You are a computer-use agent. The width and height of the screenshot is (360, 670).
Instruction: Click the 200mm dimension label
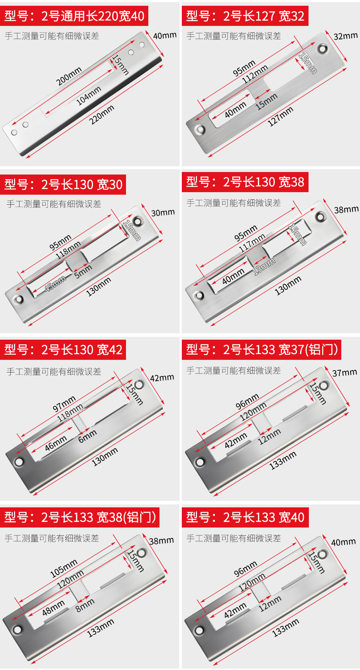(x=69, y=76)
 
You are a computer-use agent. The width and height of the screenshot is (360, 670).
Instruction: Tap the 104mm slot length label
(x=89, y=96)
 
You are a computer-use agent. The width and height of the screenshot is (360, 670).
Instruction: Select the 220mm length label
(x=102, y=114)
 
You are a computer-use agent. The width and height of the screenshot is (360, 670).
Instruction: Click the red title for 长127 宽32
(x=245, y=16)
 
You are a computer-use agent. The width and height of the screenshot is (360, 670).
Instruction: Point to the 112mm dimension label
(x=255, y=74)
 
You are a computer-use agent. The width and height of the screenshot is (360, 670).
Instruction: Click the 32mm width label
(x=345, y=36)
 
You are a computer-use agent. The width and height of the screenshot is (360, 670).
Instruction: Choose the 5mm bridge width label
(x=83, y=271)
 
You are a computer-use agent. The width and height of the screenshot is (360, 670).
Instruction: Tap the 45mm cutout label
(x=55, y=284)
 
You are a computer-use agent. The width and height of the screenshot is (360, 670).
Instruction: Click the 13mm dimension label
(x=264, y=266)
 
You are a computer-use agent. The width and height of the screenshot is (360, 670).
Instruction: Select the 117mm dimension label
(x=252, y=243)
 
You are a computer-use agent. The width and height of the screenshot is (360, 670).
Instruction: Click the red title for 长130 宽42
(x=63, y=350)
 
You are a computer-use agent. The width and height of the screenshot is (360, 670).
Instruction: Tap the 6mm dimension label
(x=87, y=436)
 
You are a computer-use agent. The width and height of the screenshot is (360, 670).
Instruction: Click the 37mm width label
(x=345, y=373)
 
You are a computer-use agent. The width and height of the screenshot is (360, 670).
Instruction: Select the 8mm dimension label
(x=85, y=605)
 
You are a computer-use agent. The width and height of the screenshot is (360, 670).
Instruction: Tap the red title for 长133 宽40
(x=245, y=517)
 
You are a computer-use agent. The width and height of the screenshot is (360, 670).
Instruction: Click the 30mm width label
(x=163, y=213)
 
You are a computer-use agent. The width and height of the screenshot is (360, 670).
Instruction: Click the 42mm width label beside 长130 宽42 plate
(x=162, y=378)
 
